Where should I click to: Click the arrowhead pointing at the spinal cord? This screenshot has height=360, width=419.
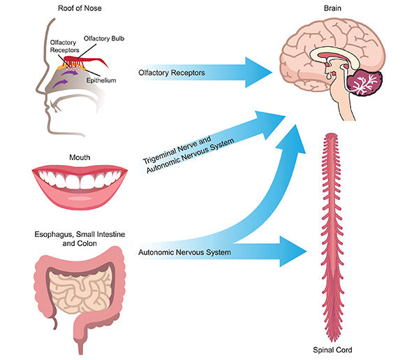(293, 251)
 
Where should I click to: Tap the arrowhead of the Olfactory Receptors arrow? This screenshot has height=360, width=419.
(259, 72)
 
